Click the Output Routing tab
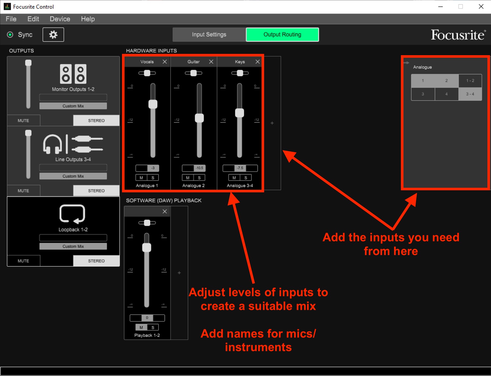tap(282, 34)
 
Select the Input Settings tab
tap(209, 34)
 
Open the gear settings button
tap(53, 34)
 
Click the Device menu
tap(60, 19)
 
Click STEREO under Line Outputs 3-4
tap(96, 191)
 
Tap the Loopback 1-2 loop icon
tap(72, 214)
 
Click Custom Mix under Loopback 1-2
tap(73, 246)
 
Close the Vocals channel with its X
tap(165, 62)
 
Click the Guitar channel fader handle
tap(199, 118)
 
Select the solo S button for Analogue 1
tap(153, 178)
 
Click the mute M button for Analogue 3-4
tap(234, 178)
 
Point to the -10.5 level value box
tap(199, 168)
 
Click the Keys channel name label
tap(240, 62)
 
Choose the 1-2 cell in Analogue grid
tap(470, 81)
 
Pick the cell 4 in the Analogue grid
tap(446, 94)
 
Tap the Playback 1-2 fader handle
tap(147, 248)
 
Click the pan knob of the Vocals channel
tap(147, 73)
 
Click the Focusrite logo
tap(458, 35)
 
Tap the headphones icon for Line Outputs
tap(52, 144)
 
